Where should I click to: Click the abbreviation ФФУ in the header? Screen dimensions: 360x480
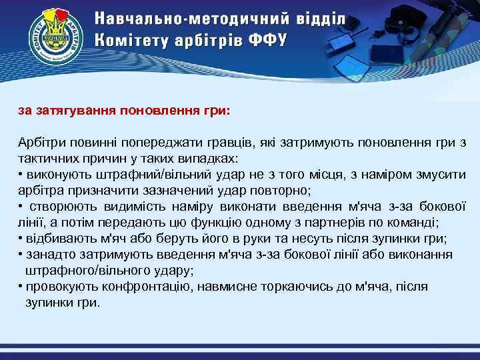pos(267,39)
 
